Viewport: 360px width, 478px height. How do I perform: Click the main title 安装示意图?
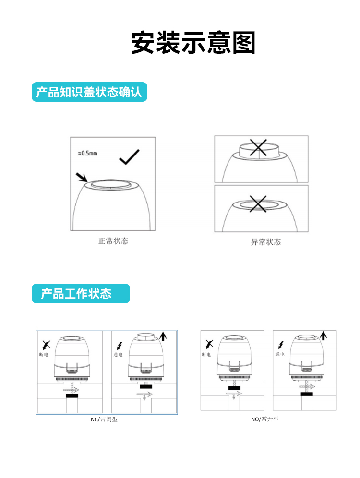click(x=193, y=44)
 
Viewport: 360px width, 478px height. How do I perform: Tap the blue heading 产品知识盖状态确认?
click(x=89, y=93)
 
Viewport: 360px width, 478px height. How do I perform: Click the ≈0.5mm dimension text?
click(x=87, y=154)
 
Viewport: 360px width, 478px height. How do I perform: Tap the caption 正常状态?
click(x=113, y=241)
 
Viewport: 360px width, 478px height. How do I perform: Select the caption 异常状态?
click(x=266, y=242)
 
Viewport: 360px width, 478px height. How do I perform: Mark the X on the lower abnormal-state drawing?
click(x=258, y=205)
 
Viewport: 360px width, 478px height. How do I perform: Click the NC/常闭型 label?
click(x=104, y=419)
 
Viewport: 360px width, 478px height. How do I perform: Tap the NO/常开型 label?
click(x=265, y=419)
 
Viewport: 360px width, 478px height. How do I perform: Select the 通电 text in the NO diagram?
click(x=280, y=354)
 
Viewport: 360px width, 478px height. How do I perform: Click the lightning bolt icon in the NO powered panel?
click(x=280, y=344)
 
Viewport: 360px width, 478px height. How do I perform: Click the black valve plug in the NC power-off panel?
click(x=72, y=396)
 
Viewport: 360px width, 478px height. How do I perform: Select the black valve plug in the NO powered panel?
click(x=307, y=394)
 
